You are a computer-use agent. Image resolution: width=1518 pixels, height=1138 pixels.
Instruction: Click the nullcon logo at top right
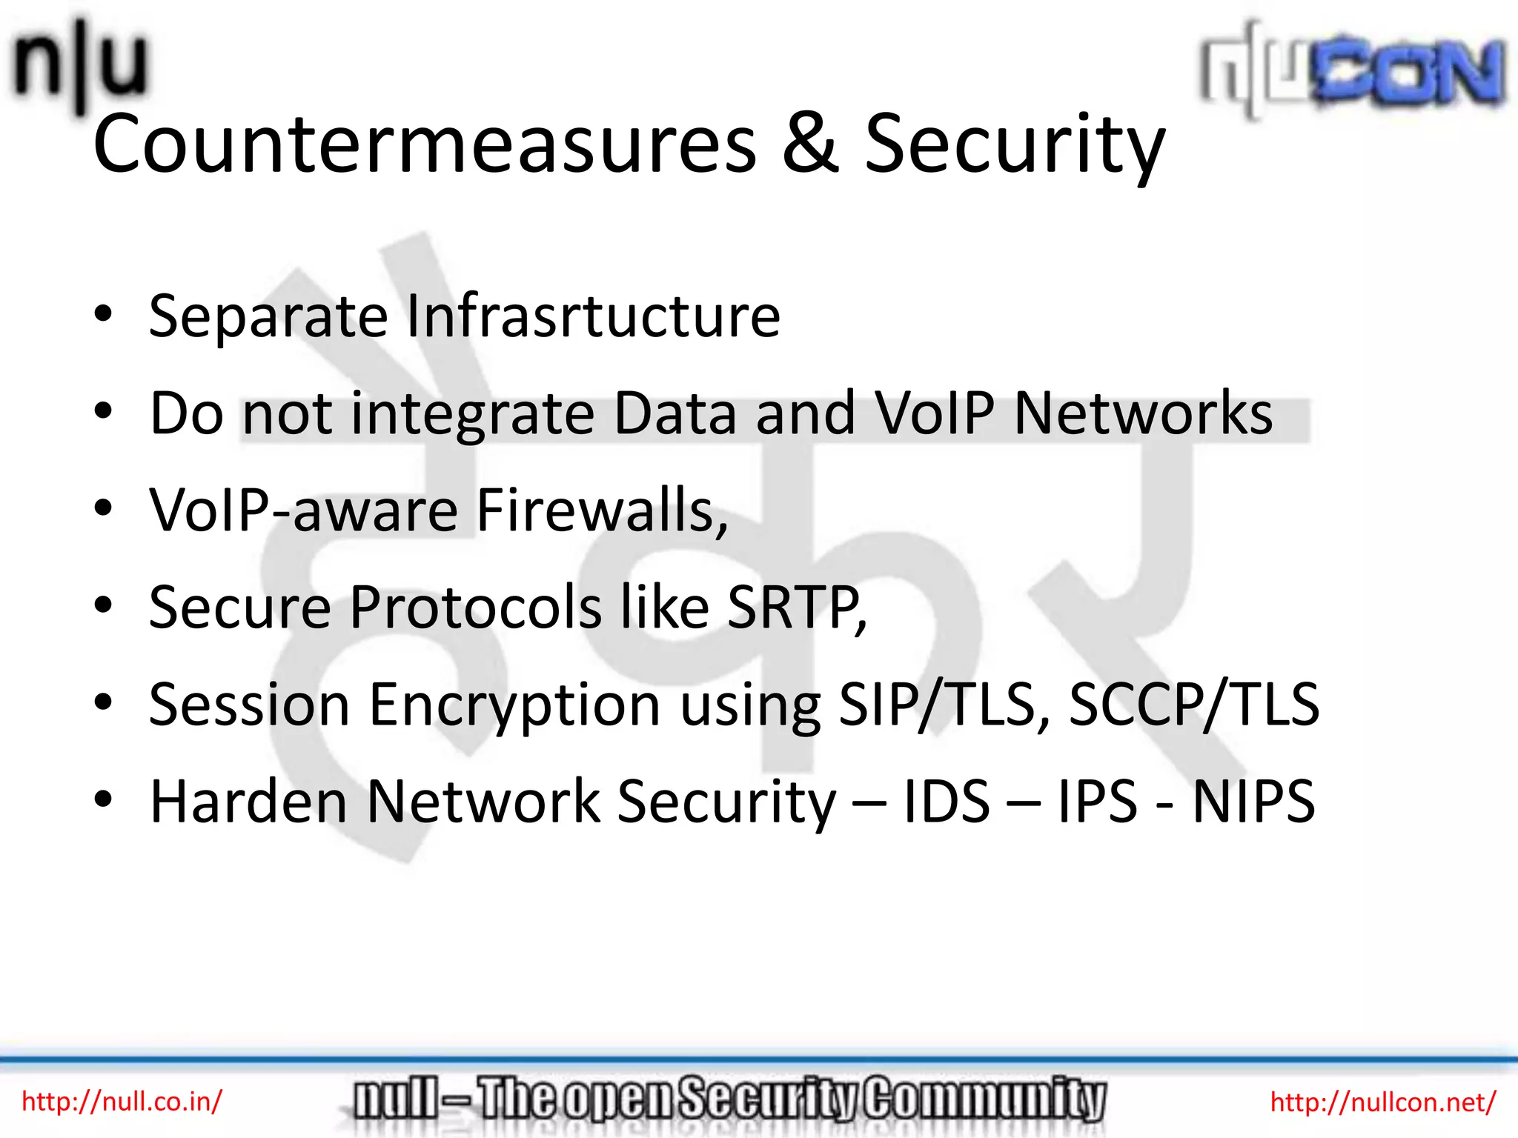(1353, 70)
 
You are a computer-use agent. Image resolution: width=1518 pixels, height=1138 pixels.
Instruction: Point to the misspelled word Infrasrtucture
(593, 316)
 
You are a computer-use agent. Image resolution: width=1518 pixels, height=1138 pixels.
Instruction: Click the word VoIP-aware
(303, 510)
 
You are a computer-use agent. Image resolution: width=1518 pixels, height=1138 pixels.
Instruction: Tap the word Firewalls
(600, 510)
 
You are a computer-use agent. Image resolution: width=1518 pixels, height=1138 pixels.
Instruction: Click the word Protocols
(474, 608)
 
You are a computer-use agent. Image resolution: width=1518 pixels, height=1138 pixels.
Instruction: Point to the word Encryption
(514, 705)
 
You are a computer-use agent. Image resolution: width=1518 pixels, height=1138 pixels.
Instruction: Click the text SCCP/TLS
(1193, 705)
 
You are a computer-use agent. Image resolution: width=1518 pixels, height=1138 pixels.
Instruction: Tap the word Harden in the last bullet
(248, 802)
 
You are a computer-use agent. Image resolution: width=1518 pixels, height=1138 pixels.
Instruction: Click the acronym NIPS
(1253, 802)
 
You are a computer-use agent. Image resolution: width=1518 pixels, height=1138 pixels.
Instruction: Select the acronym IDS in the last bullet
(947, 802)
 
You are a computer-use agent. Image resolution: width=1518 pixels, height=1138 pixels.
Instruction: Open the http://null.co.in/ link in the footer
(122, 1102)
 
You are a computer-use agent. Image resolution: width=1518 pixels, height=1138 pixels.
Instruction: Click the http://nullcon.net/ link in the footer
(1383, 1102)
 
